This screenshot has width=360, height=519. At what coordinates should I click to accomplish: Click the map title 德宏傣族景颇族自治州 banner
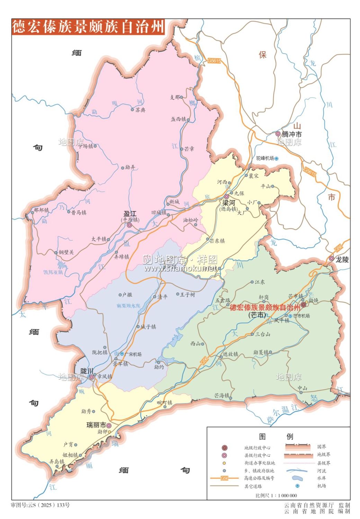(x=88, y=27)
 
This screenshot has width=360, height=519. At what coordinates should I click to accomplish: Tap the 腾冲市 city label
(x=291, y=134)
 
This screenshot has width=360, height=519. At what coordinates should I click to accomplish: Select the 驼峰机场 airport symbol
(x=276, y=158)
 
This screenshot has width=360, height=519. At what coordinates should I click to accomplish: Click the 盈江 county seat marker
(x=129, y=225)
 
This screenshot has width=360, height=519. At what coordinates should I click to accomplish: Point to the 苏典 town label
(x=140, y=110)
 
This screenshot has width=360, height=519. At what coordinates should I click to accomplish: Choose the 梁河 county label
(x=228, y=203)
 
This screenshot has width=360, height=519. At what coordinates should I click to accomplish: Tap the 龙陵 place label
(x=342, y=259)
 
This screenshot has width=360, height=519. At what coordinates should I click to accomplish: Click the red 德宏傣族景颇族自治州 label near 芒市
(x=265, y=308)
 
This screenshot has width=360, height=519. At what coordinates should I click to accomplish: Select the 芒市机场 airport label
(x=301, y=316)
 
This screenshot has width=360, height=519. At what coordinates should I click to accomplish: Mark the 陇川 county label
(x=87, y=371)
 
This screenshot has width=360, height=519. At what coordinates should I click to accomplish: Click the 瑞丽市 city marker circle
(x=109, y=426)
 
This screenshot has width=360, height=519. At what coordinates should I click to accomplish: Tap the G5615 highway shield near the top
(x=214, y=61)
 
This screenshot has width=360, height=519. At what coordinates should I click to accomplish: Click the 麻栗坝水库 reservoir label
(x=128, y=306)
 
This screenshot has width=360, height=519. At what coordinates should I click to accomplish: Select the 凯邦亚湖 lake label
(x=53, y=272)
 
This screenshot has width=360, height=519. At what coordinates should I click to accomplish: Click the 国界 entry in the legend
(x=322, y=447)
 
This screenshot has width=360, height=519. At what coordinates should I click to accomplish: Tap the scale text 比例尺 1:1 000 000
(x=276, y=495)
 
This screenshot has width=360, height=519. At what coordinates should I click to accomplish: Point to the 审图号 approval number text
(x=40, y=505)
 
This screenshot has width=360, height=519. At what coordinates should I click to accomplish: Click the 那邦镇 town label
(x=41, y=210)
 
